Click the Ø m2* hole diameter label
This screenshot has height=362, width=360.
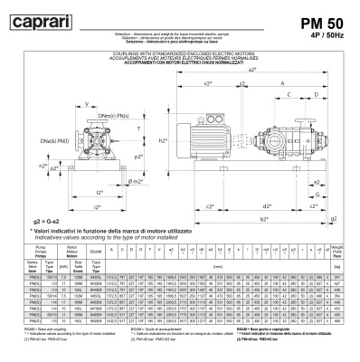click(x=137, y=182)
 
